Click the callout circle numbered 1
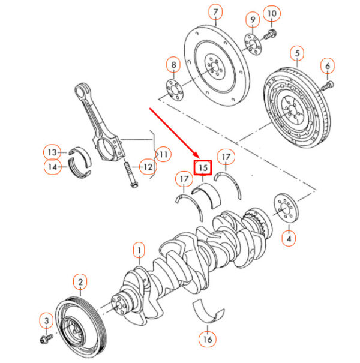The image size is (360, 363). tap(139, 249)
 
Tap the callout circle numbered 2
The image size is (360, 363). tap(79, 281)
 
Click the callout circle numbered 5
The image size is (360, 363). tap(296, 54)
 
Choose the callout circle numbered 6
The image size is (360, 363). tap(328, 65)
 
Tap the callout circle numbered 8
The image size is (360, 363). tap(173, 65)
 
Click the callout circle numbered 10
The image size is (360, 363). tap(272, 13)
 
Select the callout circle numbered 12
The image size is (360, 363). tap(147, 166)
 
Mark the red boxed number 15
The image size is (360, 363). tap(202, 167)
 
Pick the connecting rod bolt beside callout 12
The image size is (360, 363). tap(129, 173)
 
